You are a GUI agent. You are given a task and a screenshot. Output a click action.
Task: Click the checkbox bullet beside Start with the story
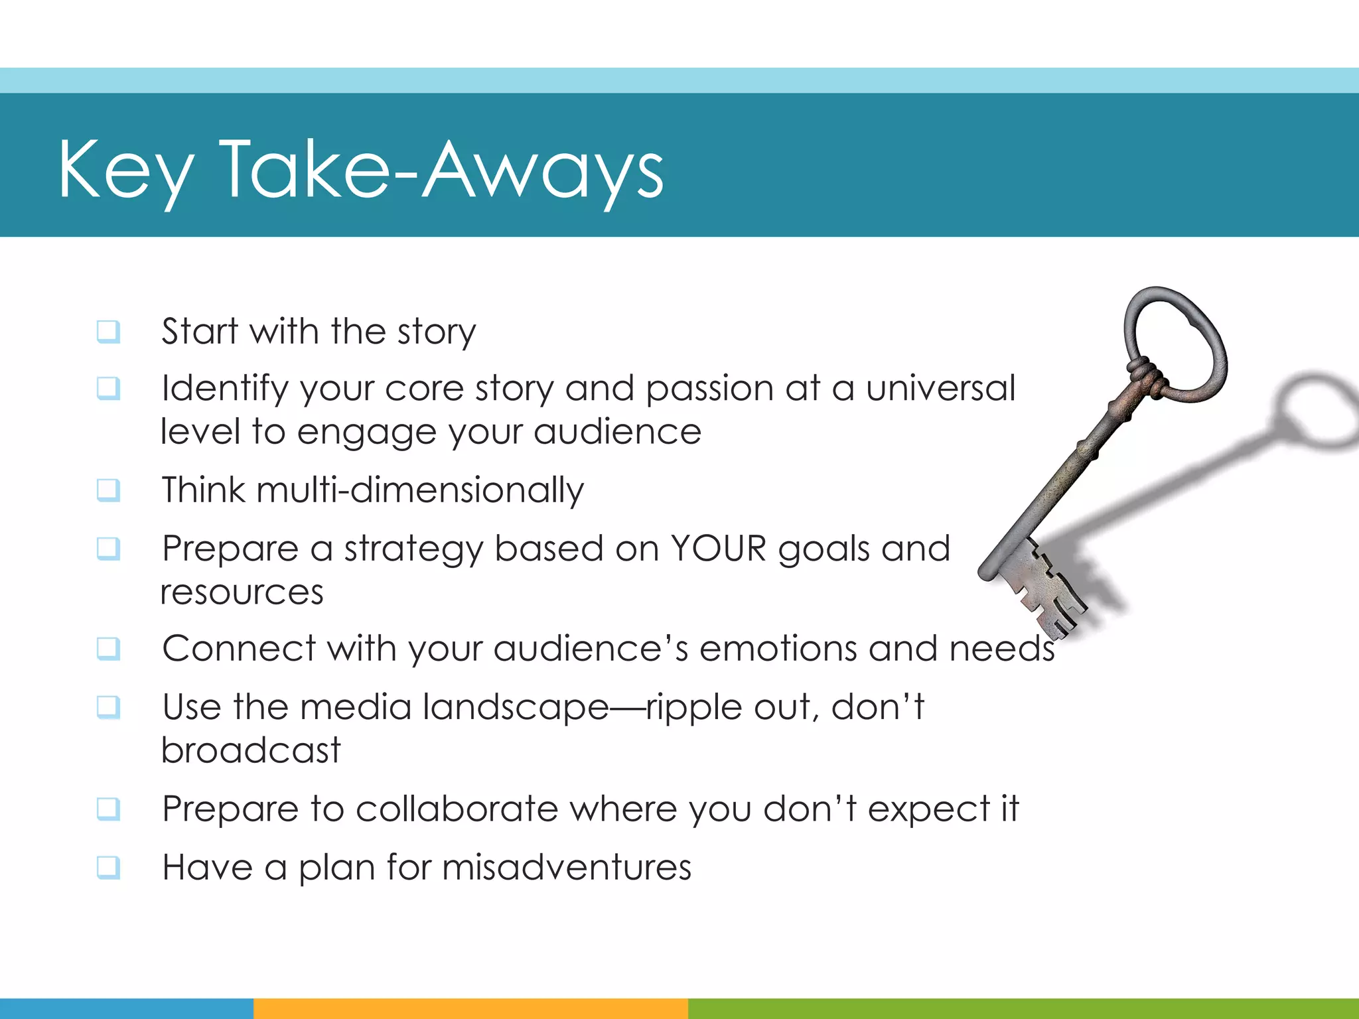click(108, 331)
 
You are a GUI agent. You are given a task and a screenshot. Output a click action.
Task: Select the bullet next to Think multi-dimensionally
click(108, 490)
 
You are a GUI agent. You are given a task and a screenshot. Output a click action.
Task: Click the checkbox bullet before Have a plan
click(108, 867)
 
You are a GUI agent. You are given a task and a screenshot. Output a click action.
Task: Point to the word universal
click(940, 388)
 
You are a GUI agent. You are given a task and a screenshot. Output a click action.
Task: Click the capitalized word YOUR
click(718, 549)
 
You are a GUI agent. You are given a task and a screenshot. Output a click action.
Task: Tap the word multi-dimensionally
click(420, 491)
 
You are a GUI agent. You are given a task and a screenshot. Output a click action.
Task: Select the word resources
click(242, 592)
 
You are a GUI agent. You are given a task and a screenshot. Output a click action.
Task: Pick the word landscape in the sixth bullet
click(516, 707)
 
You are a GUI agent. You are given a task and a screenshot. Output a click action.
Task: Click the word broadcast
click(251, 750)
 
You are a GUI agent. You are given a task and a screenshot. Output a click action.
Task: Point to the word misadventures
click(567, 867)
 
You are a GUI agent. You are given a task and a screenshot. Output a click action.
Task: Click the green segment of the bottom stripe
click(1022, 1008)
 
